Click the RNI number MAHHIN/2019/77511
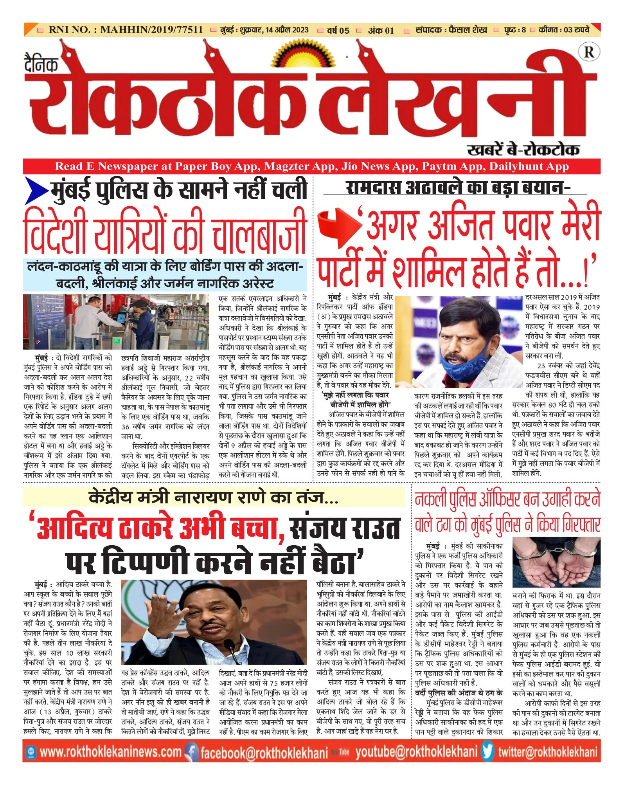[151, 30]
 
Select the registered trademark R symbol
[589, 52]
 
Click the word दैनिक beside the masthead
[41, 64]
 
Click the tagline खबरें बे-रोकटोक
[523, 150]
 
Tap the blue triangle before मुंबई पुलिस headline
[37, 191]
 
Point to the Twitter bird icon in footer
[487, 751]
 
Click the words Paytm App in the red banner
[451, 166]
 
